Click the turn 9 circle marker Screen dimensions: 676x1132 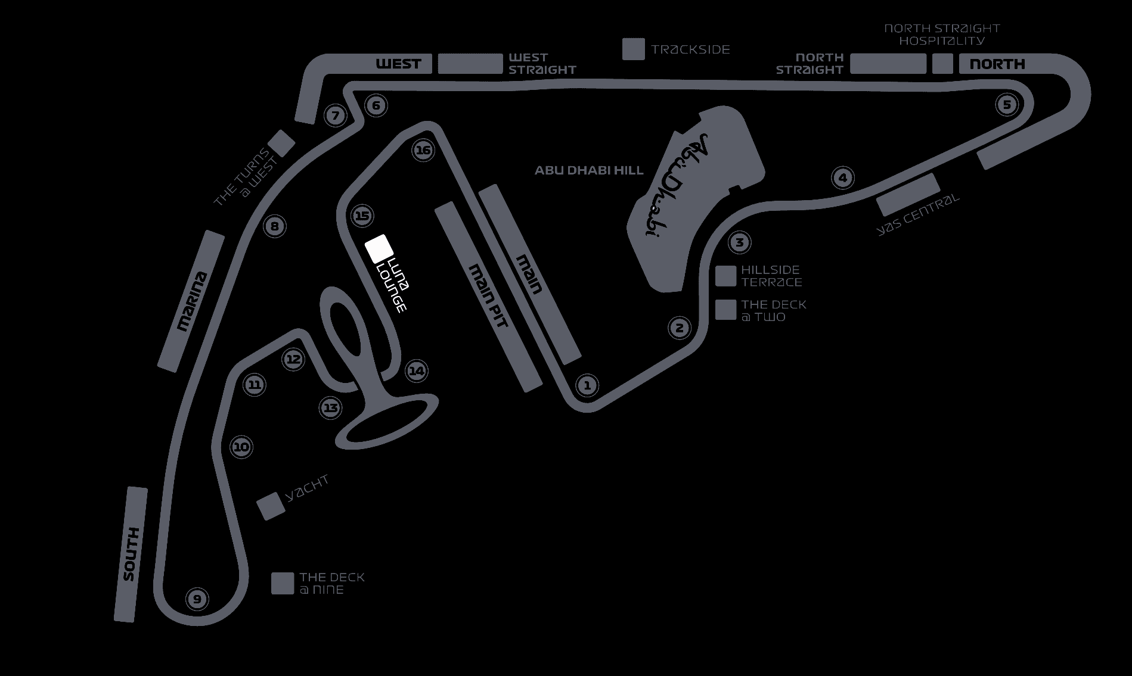[197, 599]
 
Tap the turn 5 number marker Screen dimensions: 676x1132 [1007, 105]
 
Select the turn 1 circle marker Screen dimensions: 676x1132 [587, 385]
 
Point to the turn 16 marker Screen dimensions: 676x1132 [423, 150]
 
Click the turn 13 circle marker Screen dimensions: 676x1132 [331, 408]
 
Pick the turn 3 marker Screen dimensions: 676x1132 [740, 242]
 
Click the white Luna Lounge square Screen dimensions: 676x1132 [379, 248]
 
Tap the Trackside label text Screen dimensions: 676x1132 [690, 49]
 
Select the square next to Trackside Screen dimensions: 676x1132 [634, 49]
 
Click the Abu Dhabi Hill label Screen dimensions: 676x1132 [589, 170]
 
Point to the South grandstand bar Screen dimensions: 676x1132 [131, 554]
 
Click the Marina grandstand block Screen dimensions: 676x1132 [191, 301]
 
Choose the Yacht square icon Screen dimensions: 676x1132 [271, 506]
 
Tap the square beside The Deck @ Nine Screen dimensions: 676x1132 [283, 584]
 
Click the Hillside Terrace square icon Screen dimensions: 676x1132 [725, 276]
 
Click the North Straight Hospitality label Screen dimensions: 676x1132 [941, 35]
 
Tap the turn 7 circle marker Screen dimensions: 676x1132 [336, 116]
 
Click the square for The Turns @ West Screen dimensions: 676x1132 [282, 143]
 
